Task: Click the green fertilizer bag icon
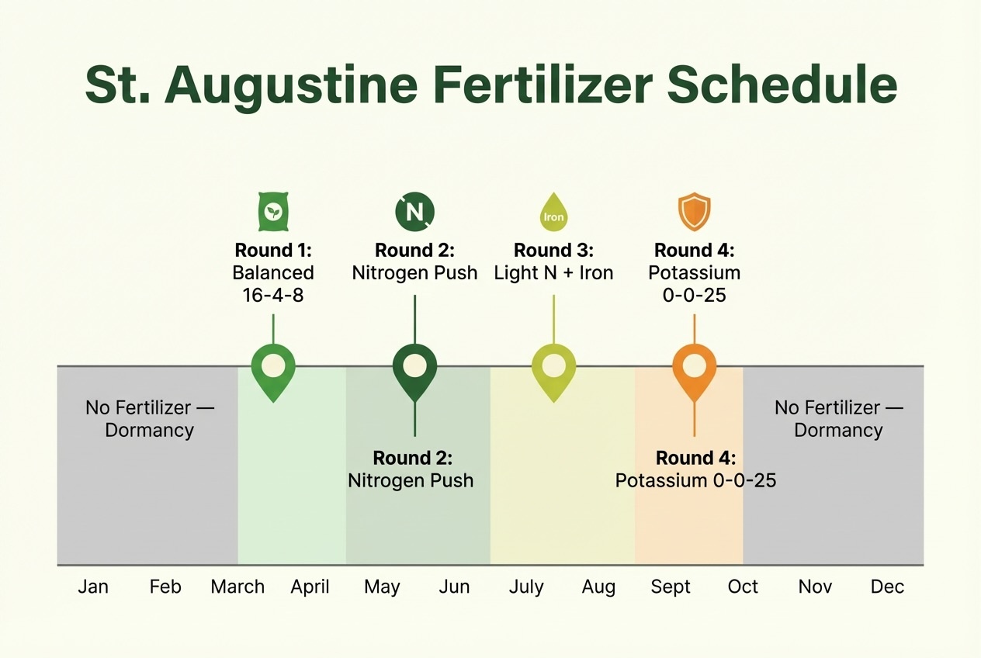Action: coord(272,213)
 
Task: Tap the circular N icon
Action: coord(414,212)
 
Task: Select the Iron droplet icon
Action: coord(553,213)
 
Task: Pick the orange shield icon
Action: coord(694,213)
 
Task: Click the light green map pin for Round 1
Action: coord(273,369)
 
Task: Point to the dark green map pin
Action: coord(414,369)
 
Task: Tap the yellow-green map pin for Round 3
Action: coord(553,369)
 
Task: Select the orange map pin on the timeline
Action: coord(694,369)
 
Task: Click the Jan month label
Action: coord(93,587)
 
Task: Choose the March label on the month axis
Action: coord(237,587)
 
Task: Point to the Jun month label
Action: coord(454,587)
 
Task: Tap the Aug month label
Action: coord(598,587)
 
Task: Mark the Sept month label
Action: coord(671,587)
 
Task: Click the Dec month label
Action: coord(887,587)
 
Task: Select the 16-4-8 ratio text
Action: coord(273,295)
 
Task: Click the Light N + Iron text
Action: coord(553,273)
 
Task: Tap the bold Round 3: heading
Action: coord(553,251)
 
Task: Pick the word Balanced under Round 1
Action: coord(273,273)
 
